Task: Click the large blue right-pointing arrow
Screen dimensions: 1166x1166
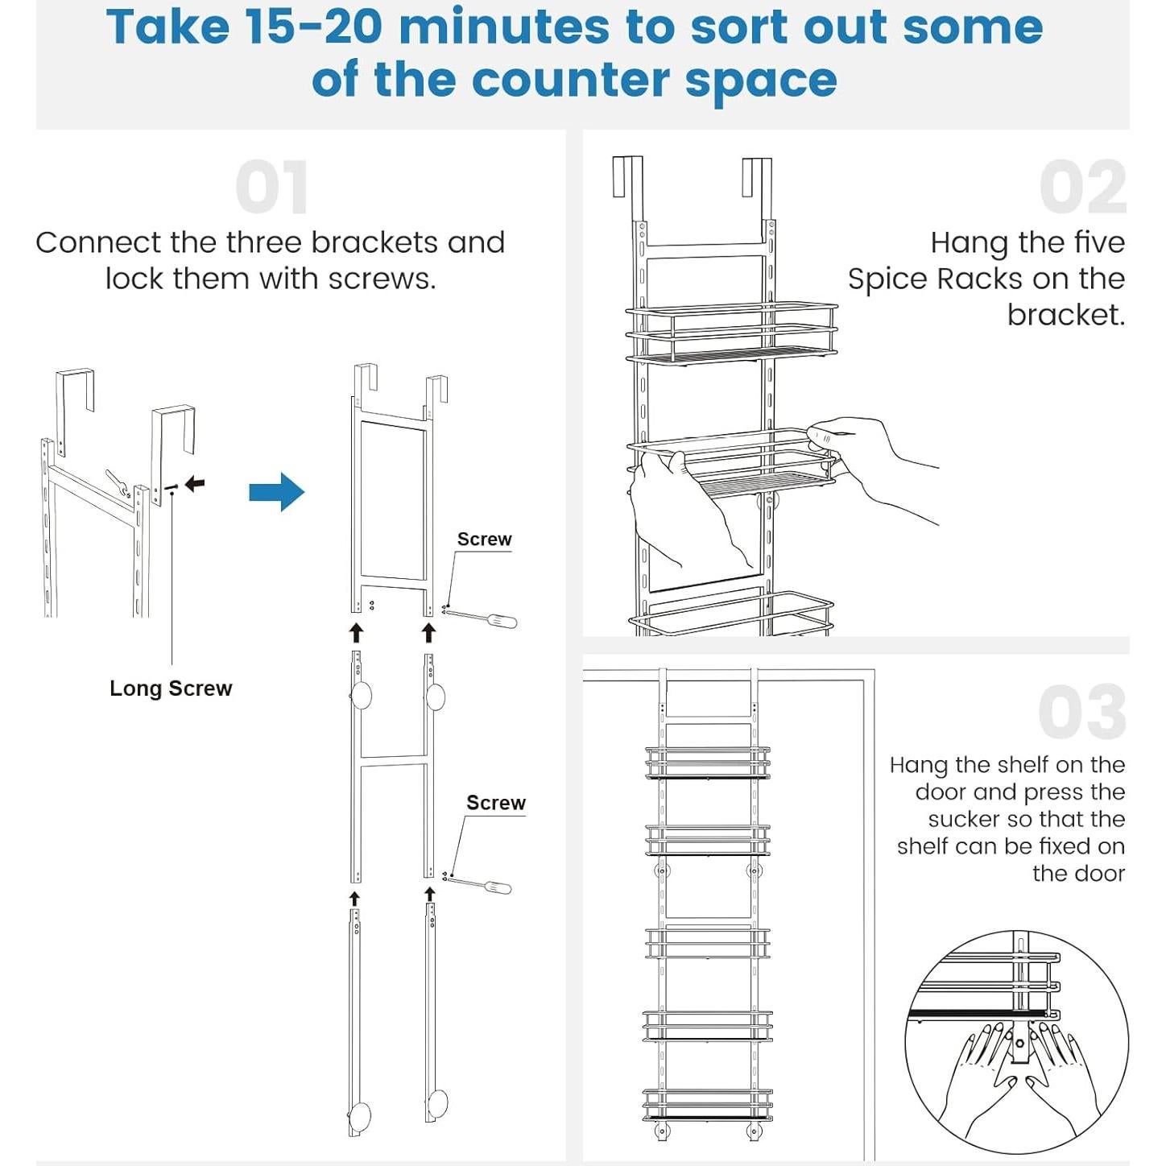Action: click(276, 491)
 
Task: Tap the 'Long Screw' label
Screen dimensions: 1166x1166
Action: click(171, 688)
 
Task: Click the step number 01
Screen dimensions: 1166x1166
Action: click(272, 187)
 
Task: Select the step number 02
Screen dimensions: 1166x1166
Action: click(1082, 187)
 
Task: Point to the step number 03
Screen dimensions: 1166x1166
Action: click(1082, 712)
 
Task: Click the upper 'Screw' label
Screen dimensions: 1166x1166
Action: click(484, 540)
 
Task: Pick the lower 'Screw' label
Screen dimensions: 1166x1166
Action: click(495, 802)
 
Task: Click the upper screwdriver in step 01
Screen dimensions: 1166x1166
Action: click(481, 618)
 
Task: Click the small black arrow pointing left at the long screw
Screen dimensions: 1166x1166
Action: click(195, 483)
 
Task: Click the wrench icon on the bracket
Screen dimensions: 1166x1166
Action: click(118, 483)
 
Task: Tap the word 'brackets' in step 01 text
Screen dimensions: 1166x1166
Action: click(374, 242)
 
